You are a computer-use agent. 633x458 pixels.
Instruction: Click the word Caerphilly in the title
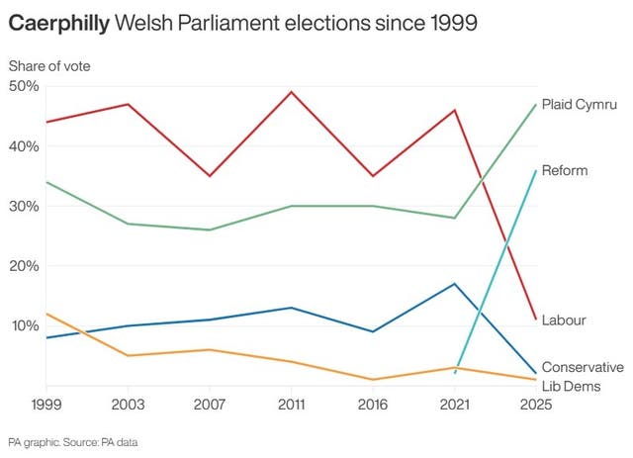coord(58,23)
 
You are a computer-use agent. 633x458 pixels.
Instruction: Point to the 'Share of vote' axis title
coord(49,65)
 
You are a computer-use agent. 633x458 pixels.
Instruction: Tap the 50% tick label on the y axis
coord(24,86)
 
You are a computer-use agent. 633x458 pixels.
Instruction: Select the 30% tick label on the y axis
coord(24,206)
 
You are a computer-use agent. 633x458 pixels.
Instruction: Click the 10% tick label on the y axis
coord(24,325)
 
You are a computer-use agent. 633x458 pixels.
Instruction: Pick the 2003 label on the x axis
coord(128,404)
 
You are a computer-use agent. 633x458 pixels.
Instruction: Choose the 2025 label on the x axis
coord(535,404)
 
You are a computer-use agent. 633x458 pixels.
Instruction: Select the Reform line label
coord(565,170)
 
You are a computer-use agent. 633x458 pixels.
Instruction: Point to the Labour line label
coord(564,320)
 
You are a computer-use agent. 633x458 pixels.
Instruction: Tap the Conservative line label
coord(583,367)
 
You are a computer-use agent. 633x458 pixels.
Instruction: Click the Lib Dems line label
coord(571,385)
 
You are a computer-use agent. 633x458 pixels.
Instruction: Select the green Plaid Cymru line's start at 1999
coord(46,182)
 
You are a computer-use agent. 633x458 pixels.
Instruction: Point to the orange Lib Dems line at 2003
coord(128,355)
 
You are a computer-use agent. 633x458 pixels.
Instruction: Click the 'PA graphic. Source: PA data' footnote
coord(72,442)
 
